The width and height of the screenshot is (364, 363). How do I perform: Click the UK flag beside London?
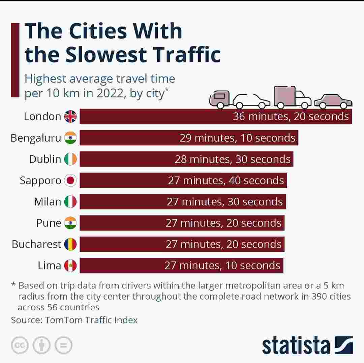click(71, 117)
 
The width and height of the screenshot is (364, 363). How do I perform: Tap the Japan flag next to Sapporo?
click(71, 180)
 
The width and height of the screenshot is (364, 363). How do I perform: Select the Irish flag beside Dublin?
click(71, 159)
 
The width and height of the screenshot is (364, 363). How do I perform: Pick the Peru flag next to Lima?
click(71, 266)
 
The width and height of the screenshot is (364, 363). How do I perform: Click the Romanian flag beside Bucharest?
click(71, 244)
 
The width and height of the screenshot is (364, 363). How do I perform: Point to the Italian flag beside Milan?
click(71, 202)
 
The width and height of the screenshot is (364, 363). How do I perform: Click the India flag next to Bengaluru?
click(71, 138)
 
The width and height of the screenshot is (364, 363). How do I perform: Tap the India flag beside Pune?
click(71, 223)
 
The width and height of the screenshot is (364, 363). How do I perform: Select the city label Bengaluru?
click(36, 138)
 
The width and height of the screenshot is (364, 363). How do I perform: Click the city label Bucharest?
click(36, 244)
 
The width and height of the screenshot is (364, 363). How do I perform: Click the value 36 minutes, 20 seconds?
click(291, 116)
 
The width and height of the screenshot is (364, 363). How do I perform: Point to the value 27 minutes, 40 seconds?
click(226, 180)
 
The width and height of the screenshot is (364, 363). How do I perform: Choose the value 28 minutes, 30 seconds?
click(232, 159)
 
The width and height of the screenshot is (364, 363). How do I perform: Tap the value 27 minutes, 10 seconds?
click(222, 266)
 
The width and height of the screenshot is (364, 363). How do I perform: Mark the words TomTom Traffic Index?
click(91, 320)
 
